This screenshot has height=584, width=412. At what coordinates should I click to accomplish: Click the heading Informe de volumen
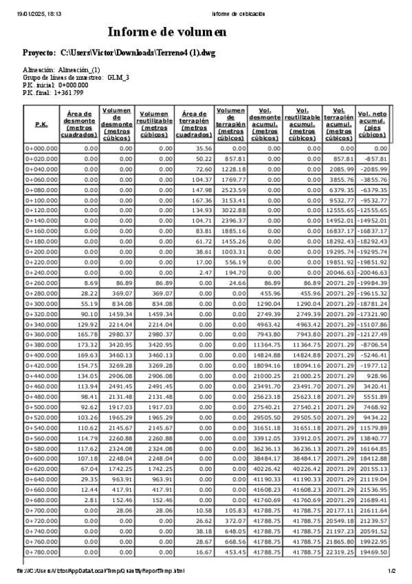[x=167, y=32]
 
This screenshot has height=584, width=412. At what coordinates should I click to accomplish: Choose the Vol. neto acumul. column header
[x=373, y=125]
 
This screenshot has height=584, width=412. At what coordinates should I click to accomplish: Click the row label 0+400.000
[x=41, y=355]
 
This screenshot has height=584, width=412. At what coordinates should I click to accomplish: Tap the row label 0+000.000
[x=41, y=148]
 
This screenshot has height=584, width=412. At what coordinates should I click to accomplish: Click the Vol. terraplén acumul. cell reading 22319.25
[x=340, y=552]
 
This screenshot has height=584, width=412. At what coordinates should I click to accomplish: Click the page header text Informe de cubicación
[x=239, y=14]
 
